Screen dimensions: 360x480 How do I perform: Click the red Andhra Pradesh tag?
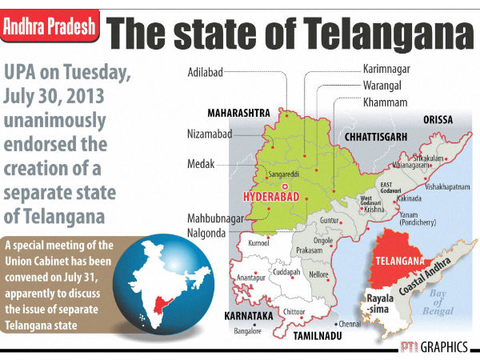50,28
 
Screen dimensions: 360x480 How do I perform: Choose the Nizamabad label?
211,134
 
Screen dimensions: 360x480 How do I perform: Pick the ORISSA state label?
438,119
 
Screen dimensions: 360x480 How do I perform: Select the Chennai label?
349,325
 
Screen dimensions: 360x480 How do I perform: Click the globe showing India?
156,291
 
